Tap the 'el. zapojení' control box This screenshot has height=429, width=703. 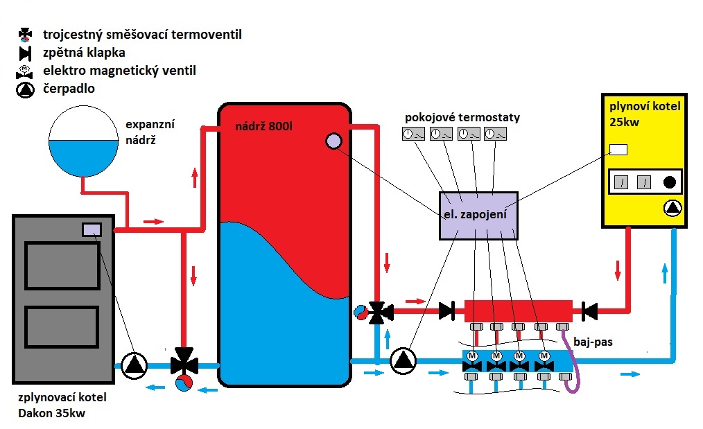(x=478, y=215)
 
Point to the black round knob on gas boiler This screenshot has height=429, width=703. (x=670, y=183)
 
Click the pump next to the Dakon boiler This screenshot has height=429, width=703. (x=134, y=365)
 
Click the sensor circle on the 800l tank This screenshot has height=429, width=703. (x=333, y=141)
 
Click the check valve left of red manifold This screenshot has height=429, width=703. (x=448, y=311)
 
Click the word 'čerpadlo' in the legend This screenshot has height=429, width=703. (x=69, y=89)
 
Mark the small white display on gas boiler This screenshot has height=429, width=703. (x=617, y=150)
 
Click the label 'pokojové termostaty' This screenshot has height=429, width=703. (x=464, y=119)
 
